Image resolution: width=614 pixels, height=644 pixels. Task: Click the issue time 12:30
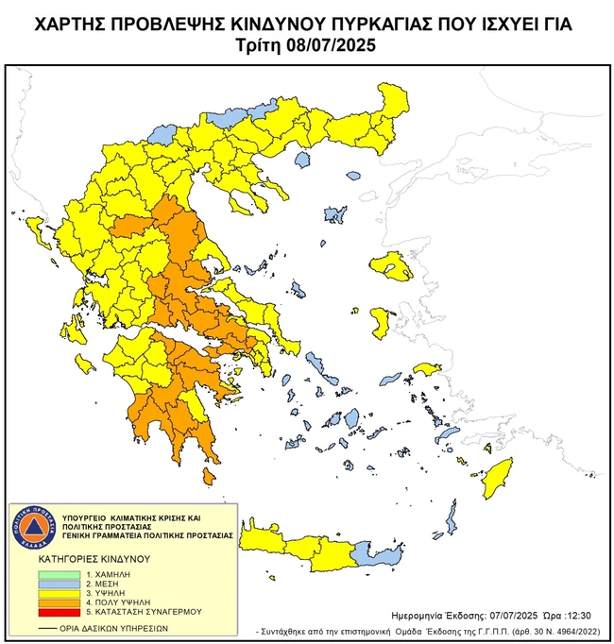coord(577,613)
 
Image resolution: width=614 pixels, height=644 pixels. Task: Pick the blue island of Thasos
coord(302,160)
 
